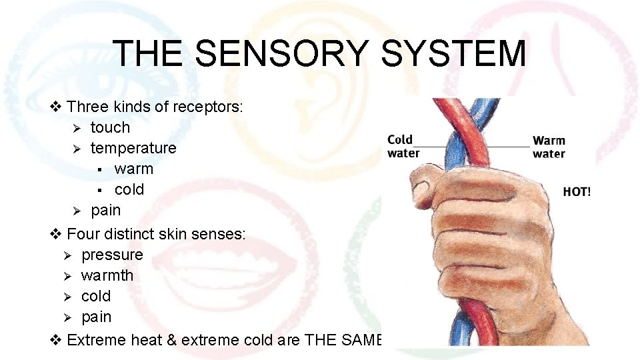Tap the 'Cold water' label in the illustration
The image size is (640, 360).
[404, 146]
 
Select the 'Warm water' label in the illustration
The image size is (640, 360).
[549, 147]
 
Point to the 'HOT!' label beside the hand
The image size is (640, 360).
[577, 192]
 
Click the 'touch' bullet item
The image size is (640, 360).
[110, 127]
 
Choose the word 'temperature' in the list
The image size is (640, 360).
[133, 148]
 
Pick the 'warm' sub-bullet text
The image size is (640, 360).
[133, 169]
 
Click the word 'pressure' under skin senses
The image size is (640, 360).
[112, 255]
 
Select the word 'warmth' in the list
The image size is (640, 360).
[107, 275]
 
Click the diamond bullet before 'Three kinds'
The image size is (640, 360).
[57, 107]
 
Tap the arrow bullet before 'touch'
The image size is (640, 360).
[77, 128]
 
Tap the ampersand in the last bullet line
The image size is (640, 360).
[171, 340]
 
